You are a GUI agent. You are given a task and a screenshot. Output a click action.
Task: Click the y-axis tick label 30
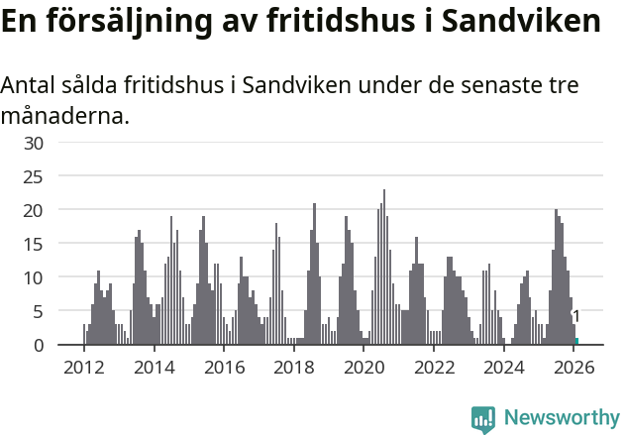pos(35,143)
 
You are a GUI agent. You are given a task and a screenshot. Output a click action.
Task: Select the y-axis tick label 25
pos(35,176)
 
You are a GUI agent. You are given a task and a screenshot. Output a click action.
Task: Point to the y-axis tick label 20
pos(35,210)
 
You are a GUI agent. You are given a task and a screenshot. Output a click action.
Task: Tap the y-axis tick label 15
pos(35,244)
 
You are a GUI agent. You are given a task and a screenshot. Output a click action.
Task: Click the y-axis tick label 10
pos(35,277)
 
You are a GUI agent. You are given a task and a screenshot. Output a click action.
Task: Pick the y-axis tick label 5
pos(39,311)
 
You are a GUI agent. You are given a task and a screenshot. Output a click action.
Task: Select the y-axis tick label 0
pos(39,345)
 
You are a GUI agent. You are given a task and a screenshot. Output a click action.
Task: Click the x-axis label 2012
pos(83,368)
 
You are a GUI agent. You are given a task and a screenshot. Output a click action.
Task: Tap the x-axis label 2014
pos(154,368)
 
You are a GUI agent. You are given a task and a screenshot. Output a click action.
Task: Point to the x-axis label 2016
pos(224,368)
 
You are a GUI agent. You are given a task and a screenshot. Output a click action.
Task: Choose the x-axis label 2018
pos(294,368)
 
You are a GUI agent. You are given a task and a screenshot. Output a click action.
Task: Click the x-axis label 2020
pos(364,368)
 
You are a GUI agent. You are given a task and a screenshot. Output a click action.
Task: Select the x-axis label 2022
pos(434,368)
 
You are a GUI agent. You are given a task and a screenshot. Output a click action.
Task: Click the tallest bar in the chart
pos(384,268)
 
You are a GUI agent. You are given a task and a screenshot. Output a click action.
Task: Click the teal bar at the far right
pos(576,342)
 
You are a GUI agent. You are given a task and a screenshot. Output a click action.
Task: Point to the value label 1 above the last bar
pos(576,316)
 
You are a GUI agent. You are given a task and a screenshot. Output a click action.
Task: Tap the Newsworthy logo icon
pos(483,419)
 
